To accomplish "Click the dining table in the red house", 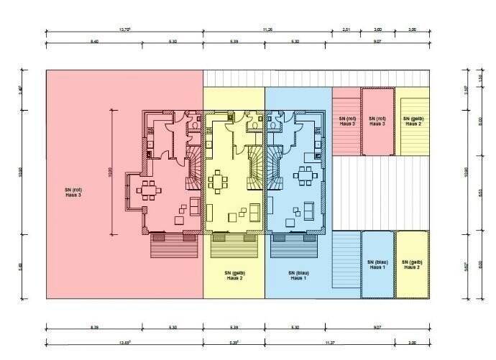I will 149,189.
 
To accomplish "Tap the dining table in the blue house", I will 307,176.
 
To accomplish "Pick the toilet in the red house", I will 194,126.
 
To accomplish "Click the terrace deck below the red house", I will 173,246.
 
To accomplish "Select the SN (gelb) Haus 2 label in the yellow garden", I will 235,275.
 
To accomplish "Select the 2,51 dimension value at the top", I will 346,29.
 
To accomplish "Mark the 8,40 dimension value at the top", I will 94,42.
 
